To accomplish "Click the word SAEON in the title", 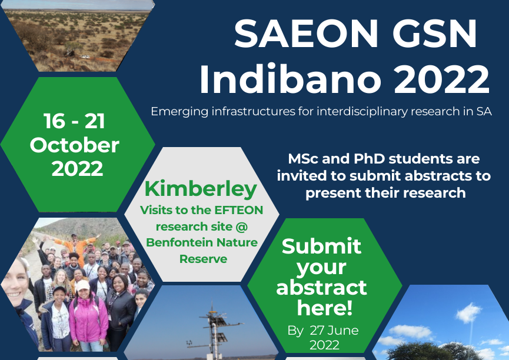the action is coord(306,34).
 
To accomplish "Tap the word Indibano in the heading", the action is coord(290,79).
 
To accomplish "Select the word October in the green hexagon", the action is coord(75,145).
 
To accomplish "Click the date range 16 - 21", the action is coord(74,121).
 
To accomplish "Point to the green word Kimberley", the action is coord(201,189).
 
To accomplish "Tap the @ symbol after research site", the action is coord(241,226).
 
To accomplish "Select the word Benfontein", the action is coord(178,242).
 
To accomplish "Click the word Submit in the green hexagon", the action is coord(321,246).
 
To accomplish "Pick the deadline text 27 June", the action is coord(334,330).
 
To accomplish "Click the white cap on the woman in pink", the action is coord(82,285).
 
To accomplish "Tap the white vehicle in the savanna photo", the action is coord(85,57).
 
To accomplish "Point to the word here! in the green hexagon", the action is coord(325,308).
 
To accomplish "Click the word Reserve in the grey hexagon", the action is coord(203,259).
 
